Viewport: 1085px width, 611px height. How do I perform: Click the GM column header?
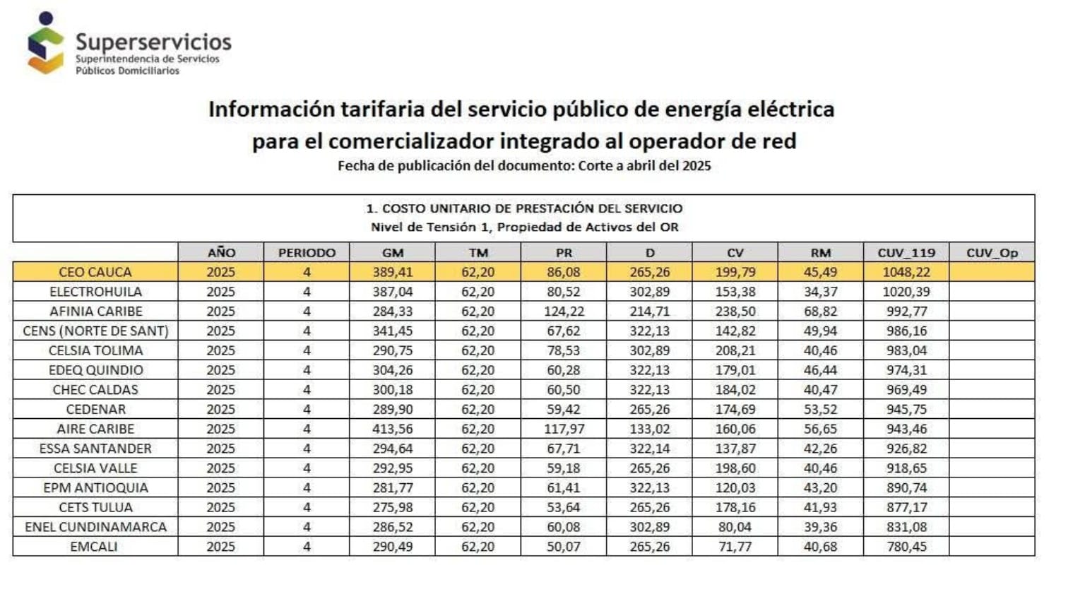point(392,253)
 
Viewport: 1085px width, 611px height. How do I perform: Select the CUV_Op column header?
point(992,253)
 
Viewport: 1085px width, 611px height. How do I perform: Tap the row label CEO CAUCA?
point(95,273)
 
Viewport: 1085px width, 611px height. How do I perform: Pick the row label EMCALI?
point(94,547)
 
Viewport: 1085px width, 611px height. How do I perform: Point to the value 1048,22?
point(906,273)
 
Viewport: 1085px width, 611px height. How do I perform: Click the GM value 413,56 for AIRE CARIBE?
point(392,429)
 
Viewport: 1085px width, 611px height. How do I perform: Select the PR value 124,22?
point(564,312)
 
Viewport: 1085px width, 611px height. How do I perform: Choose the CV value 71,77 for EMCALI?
point(735,547)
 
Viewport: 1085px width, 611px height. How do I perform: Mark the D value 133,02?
point(650,429)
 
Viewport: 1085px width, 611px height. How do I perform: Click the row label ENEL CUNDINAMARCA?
point(95,527)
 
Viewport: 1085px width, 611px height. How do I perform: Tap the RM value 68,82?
point(821,312)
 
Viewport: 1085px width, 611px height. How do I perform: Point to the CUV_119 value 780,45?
point(906,547)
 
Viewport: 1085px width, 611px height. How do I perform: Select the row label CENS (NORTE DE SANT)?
point(95,331)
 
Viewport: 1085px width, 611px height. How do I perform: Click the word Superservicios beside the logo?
point(153,42)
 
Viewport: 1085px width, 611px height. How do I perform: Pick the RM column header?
point(821,253)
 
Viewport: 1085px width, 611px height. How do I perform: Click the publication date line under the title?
point(524,166)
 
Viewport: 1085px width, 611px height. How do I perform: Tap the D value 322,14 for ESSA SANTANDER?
point(650,449)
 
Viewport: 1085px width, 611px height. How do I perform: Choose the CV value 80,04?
point(735,527)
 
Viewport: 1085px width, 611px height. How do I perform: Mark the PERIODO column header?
point(307,253)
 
